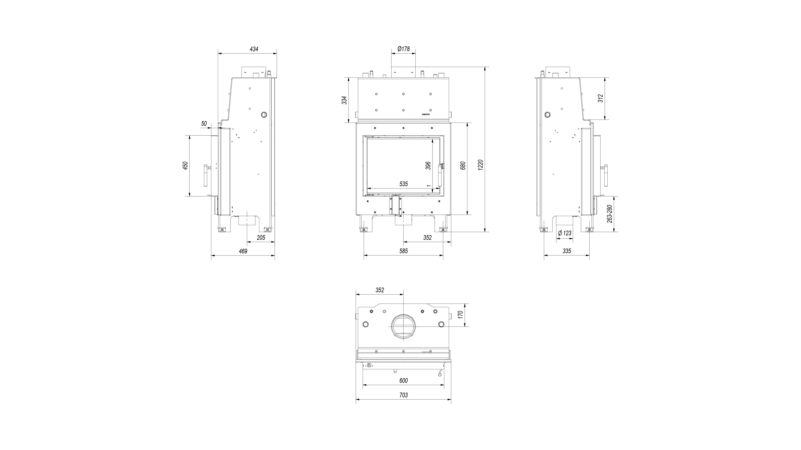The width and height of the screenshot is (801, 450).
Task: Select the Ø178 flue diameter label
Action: pos(403,49)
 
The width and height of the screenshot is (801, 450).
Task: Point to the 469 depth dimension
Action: pos(243,251)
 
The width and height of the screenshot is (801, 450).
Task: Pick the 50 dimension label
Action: pos(204,124)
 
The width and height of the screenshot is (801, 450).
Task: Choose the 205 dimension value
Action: pos(261,238)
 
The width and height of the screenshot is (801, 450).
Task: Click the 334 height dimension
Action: pos(344,100)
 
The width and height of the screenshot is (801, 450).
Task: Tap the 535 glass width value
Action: pos(403,184)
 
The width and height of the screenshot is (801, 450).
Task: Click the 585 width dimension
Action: pos(403,251)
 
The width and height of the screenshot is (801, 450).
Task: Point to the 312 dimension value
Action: pos(601,98)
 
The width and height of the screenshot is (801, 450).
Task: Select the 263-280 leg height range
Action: pos(609,214)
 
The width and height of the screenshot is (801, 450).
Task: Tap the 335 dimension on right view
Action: pos(567,251)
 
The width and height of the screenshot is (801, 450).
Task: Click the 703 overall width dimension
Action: pos(403,395)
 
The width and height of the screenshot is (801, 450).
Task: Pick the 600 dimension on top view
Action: pos(403,381)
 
